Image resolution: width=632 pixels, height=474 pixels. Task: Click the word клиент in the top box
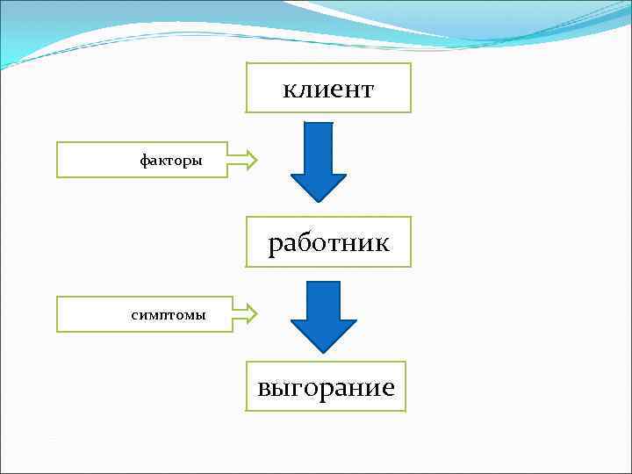(328, 89)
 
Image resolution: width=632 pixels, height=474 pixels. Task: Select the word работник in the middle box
(328, 242)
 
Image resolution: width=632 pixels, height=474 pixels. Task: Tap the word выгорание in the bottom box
(326, 387)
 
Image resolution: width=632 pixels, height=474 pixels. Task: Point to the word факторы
(172, 161)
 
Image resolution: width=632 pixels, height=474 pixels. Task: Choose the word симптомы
(169, 314)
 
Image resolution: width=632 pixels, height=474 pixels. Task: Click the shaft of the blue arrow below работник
(322, 298)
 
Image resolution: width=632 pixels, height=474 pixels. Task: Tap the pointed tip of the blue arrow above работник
(318, 201)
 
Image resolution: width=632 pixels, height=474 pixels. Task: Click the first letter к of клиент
(288, 90)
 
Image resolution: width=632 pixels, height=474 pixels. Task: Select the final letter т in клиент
(368, 90)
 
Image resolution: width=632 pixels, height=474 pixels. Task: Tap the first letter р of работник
(275, 244)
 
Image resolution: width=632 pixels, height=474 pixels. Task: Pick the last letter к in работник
(382, 242)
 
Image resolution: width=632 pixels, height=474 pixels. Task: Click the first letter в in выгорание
(263, 388)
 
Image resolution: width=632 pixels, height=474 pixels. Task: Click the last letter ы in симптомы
(201, 314)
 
